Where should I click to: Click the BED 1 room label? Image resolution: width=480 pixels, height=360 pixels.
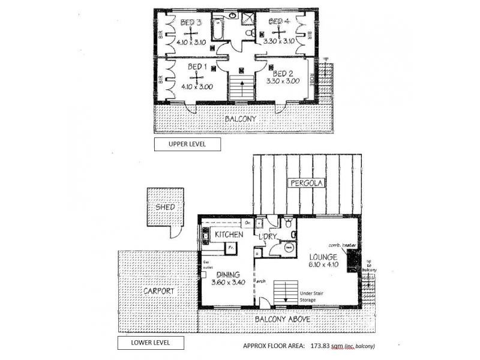tap(197, 67)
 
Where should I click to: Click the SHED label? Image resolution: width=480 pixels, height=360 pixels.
tap(165, 208)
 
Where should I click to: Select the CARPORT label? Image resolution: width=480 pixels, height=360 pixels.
tap(159, 291)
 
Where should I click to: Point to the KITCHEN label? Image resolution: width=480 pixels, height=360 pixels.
tap(229, 234)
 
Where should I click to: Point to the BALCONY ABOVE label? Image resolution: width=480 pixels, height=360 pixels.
tap(282, 319)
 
